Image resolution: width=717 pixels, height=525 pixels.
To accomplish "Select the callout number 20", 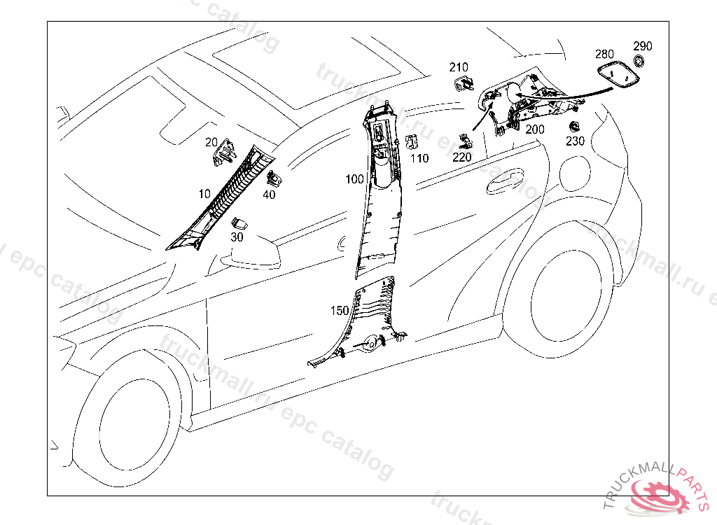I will pyautogui.click(x=211, y=143).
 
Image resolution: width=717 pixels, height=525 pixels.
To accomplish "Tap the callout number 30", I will pyautogui.click(x=237, y=237).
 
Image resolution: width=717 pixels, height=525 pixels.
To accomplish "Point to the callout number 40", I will pyautogui.click(x=269, y=195).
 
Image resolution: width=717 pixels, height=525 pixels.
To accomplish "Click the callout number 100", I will pyautogui.click(x=355, y=179).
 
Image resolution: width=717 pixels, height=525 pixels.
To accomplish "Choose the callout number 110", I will pyautogui.click(x=419, y=158).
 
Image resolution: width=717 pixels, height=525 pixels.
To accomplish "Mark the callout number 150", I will pyautogui.click(x=340, y=309).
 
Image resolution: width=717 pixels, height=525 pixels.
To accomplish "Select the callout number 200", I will pyautogui.click(x=534, y=129).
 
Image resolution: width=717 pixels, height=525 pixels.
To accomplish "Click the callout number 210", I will pyautogui.click(x=459, y=67).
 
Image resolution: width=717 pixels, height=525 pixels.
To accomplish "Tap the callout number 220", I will pyautogui.click(x=462, y=157).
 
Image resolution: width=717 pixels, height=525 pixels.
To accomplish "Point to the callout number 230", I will pyautogui.click(x=575, y=141).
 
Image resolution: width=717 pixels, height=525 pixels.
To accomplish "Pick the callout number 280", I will pyautogui.click(x=604, y=54).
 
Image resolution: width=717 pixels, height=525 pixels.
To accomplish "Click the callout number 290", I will pyautogui.click(x=643, y=46).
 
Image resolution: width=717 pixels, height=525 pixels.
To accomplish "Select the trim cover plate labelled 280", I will pyautogui.click(x=618, y=74).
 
